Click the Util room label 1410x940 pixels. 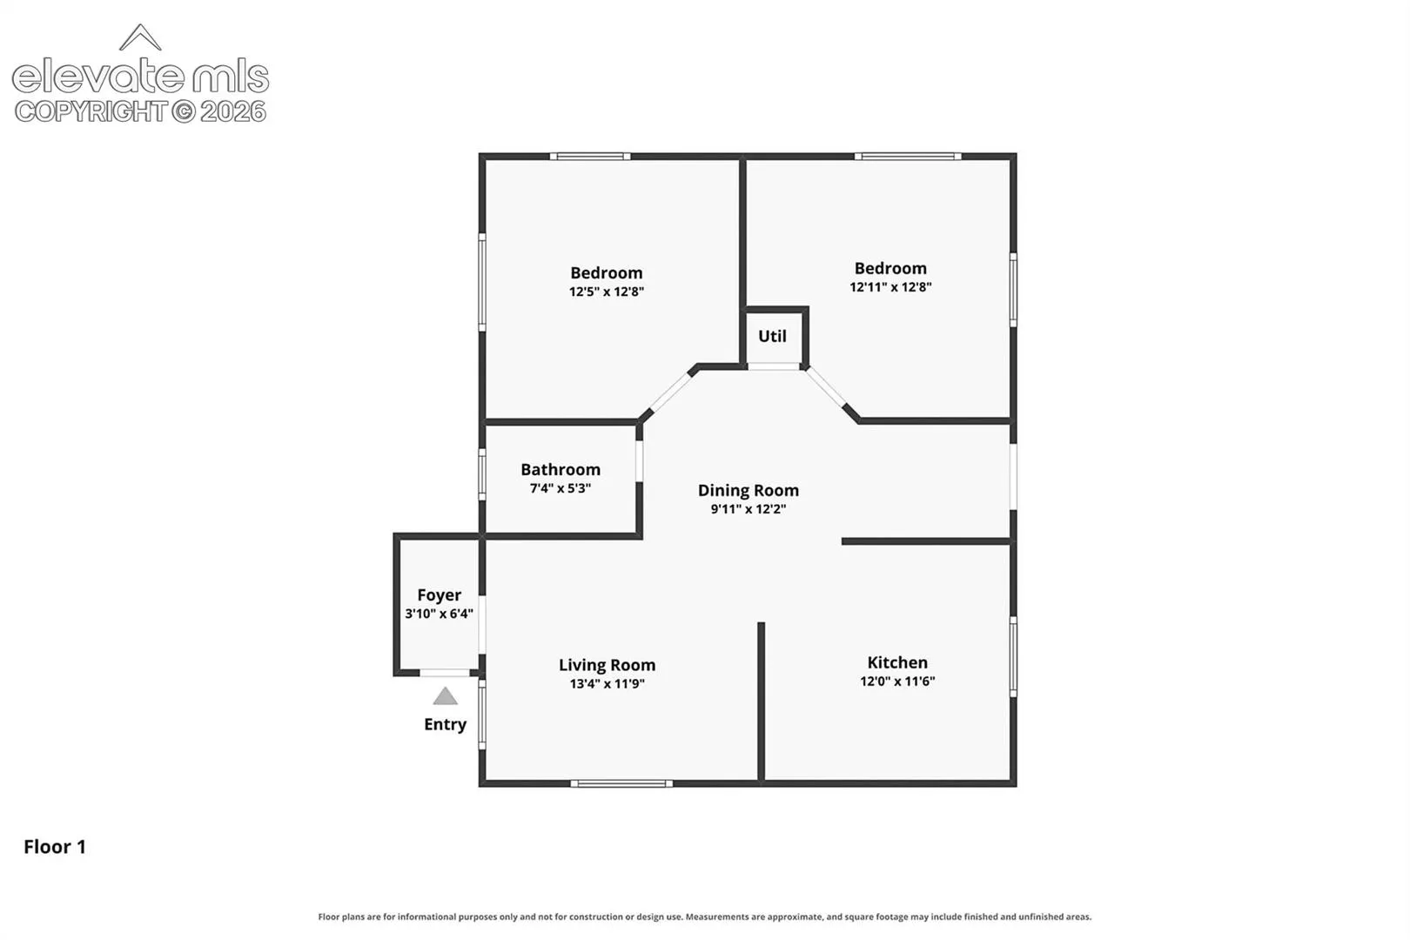pyautogui.click(x=772, y=336)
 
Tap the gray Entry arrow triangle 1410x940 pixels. pyautogui.click(x=445, y=695)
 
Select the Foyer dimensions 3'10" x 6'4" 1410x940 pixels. pyautogui.click(x=439, y=614)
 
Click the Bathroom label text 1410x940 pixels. pyautogui.click(x=561, y=470)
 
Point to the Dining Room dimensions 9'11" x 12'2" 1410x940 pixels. pyautogui.click(x=749, y=508)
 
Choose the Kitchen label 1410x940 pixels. pyautogui.click(x=897, y=662)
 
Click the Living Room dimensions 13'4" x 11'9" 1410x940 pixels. pyautogui.click(x=608, y=684)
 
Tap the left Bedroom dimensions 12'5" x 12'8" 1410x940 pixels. pyautogui.click(x=607, y=292)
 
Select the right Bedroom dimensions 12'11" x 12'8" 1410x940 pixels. pyautogui.click(x=890, y=287)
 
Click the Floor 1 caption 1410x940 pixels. pyautogui.click(x=55, y=847)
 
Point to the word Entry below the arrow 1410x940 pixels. pyautogui.click(x=445, y=725)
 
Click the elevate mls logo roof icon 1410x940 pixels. pyautogui.click(x=140, y=37)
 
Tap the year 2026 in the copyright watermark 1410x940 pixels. pyautogui.click(x=233, y=112)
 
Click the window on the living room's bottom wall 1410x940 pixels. pyautogui.click(x=621, y=784)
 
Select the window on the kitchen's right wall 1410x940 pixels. pyautogui.click(x=1013, y=656)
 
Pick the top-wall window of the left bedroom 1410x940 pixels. pyautogui.click(x=590, y=156)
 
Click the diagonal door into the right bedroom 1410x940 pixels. pyautogui.click(x=826, y=387)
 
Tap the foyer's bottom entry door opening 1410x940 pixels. pyautogui.click(x=445, y=673)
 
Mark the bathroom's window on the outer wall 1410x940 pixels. pyautogui.click(x=482, y=474)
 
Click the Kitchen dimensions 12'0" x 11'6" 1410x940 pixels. pyautogui.click(x=897, y=681)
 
